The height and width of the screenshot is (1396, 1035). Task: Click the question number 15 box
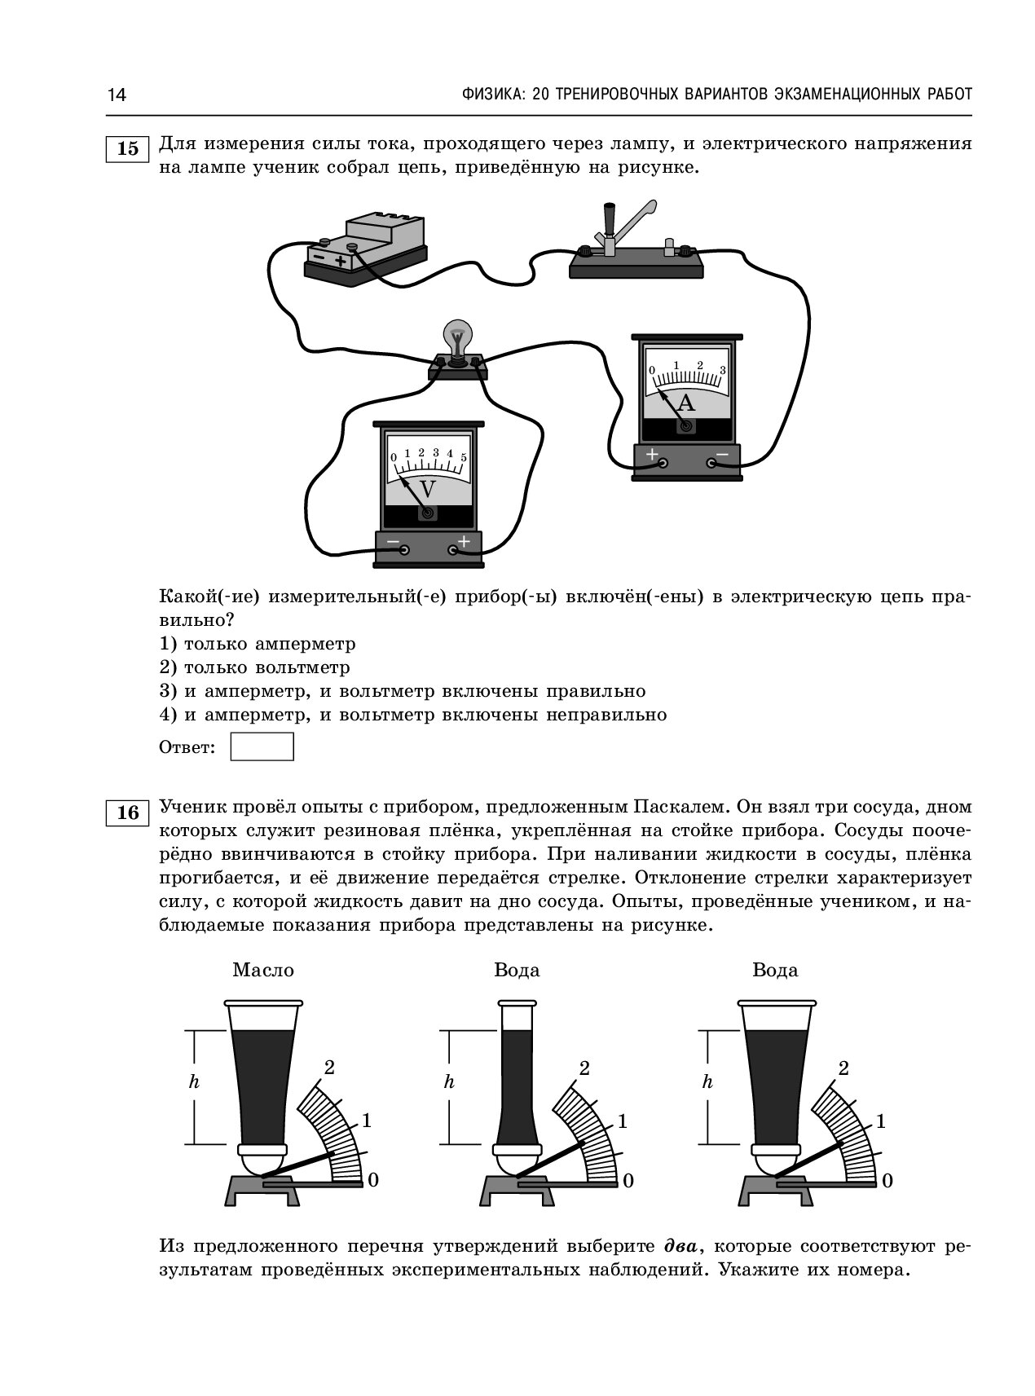pyautogui.click(x=128, y=148)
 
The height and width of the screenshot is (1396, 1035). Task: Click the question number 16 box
pyautogui.click(x=128, y=812)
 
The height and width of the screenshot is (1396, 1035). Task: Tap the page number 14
pyautogui.click(x=117, y=95)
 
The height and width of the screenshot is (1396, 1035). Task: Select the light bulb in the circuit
pyautogui.click(x=457, y=339)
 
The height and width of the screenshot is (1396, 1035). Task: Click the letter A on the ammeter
pyautogui.click(x=686, y=403)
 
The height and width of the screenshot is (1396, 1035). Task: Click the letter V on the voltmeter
pyautogui.click(x=427, y=489)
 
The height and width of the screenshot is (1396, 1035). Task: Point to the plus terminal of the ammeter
pyautogui.click(x=663, y=463)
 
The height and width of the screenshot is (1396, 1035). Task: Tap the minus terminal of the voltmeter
pyautogui.click(x=403, y=550)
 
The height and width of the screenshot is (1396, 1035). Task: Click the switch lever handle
pyautogui.click(x=609, y=219)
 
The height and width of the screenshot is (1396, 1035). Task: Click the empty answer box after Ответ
pyautogui.click(x=262, y=746)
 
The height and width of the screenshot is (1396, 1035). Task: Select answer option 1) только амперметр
pyautogui.click(x=258, y=644)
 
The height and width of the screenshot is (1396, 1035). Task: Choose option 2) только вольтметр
pyautogui.click(x=254, y=667)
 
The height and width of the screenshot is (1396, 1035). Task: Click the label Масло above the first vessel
pyautogui.click(x=263, y=970)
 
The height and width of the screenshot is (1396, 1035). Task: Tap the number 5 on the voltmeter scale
pyautogui.click(x=464, y=457)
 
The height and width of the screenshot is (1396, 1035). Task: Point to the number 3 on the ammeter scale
pyautogui.click(x=722, y=369)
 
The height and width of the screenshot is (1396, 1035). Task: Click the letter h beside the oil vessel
pyautogui.click(x=194, y=1082)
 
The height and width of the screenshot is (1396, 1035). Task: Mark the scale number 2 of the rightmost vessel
pyautogui.click(x=843, y=1068)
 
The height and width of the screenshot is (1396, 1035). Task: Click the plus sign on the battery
pyautogui.click(x=340, y=261)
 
